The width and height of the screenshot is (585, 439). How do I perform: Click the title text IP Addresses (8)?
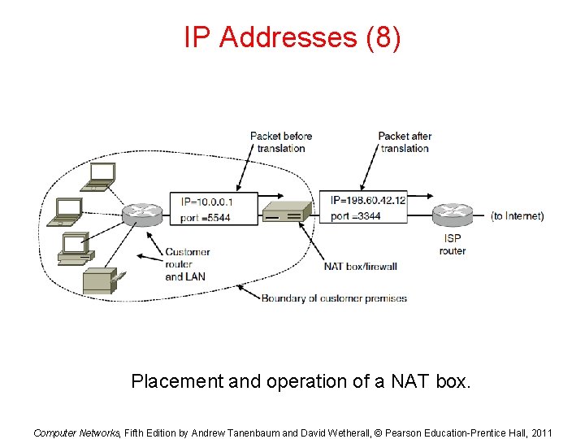pos(292,37)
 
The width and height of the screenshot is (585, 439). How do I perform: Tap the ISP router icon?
pos(452,215)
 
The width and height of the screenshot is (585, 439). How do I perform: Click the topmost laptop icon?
pos(102,174)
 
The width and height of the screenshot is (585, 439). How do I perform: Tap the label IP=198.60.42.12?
pos(368,201)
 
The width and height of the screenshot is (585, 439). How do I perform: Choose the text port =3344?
pos(356,216)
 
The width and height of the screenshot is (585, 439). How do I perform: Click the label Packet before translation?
pos(280,141)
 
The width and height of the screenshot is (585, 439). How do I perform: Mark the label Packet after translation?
pos(405,141)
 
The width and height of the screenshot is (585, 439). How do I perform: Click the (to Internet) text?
pos(517,216)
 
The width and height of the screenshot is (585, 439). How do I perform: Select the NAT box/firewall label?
pos(360,266)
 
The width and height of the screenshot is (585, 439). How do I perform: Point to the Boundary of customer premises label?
pos(334,298)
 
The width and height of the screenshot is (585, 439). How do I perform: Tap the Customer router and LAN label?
pos(186,264)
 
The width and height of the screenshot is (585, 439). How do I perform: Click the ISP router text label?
pos(452,245)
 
